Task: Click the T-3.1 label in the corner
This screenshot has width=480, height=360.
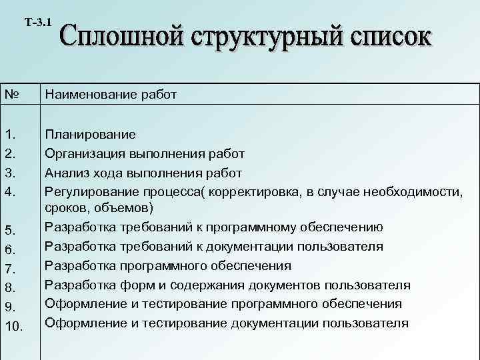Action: [x=38, y=22]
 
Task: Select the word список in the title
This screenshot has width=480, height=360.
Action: [x=386, y=42]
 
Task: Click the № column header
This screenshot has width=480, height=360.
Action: [x=11, y=95]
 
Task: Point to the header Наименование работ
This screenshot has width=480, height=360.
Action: [x=111, y=95]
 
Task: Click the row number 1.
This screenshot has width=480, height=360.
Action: [x=9, y=135]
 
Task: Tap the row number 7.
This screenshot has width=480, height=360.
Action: [x=9, y=269]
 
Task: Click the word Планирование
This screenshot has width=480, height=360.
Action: [x=90, y=134]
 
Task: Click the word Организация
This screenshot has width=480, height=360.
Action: [x=84, y=153]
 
